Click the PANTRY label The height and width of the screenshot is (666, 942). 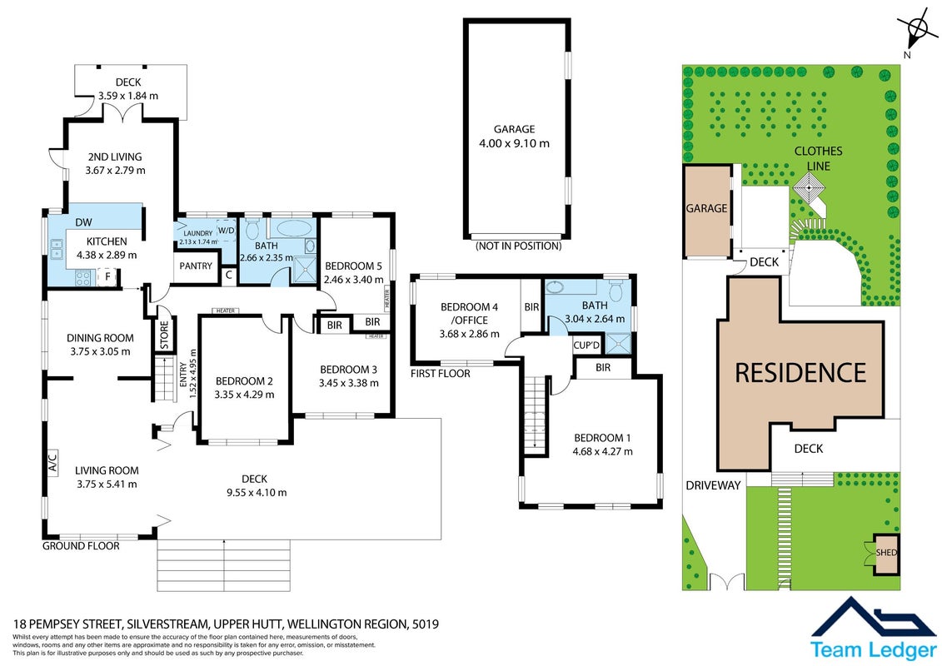pos(196,266)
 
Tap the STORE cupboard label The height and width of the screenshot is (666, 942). pos(165,335)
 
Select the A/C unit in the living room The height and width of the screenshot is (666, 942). pos(52,462)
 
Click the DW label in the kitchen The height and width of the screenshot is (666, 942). pos(84,222)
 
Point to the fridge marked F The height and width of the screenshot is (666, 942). pos(107,277)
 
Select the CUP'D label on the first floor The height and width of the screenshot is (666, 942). pos(586,345)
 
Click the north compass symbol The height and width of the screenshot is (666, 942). pos(917,30)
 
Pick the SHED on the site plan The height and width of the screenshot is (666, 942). pos(885,553)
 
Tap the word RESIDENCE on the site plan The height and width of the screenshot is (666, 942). pos(800,373)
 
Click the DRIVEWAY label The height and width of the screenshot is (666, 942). pos(713,485)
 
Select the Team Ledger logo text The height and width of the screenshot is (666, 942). pos(873,650)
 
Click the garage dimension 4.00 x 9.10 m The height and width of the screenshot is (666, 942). pos(514,143)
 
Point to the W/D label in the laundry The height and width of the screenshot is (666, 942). pos(227,231)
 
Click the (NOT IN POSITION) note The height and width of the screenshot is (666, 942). pos(518,246)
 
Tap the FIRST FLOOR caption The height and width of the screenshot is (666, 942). pos(441,374)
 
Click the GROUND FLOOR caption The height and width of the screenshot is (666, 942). pos(81,546)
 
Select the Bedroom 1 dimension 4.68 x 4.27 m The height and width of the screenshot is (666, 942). pos(602,451)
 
